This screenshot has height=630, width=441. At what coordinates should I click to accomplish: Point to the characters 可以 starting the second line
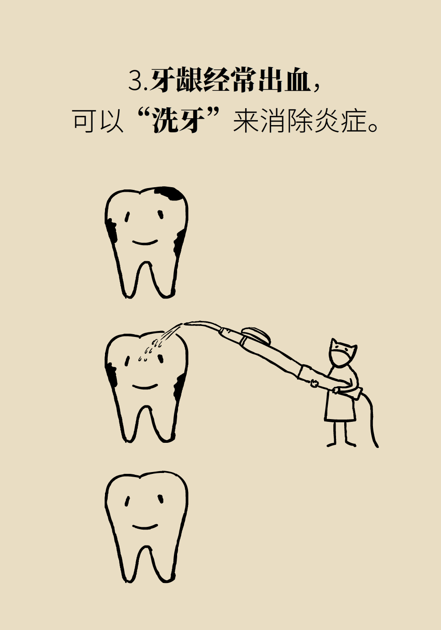(98, 121)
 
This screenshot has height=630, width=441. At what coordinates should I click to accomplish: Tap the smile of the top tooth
(145, 242)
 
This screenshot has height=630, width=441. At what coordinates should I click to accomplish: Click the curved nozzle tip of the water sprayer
(201, 325)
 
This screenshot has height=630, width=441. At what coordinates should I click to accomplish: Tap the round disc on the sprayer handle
(257, 335)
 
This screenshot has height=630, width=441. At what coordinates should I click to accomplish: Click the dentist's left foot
(332, 445)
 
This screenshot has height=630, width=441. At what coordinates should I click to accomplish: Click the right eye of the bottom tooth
(160, 499)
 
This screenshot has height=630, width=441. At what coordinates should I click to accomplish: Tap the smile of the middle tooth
(145, 386)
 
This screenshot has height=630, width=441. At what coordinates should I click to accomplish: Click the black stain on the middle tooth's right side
(179, 385)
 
